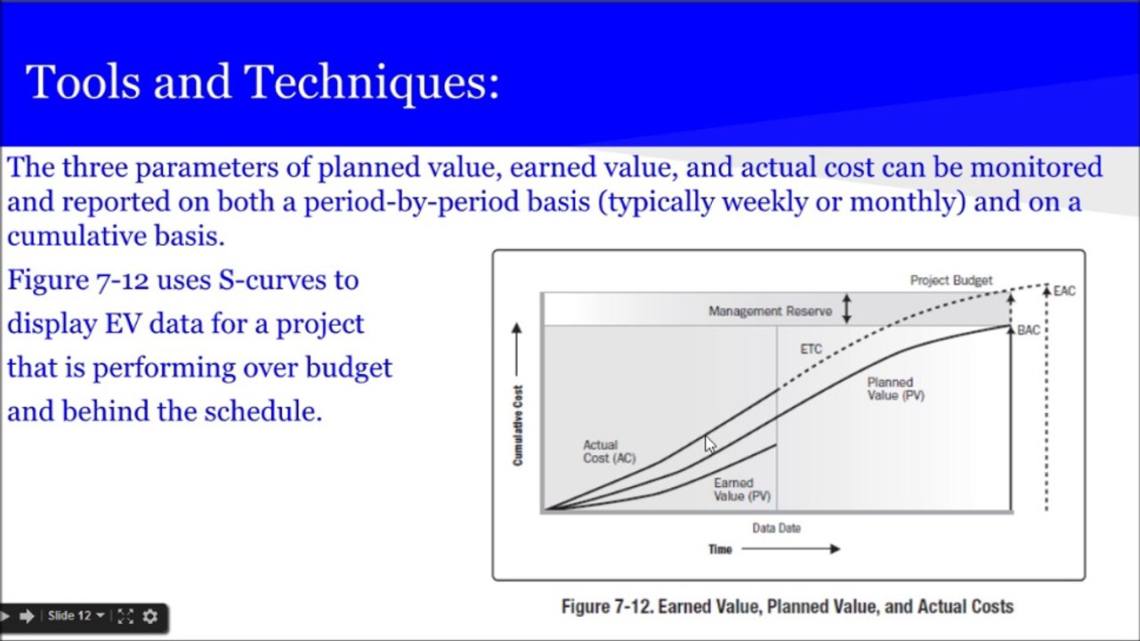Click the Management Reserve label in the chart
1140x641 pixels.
[770, 311]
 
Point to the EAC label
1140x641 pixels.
[1064, 291]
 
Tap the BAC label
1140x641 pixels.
[1028, 330]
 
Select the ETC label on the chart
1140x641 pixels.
[811, 350]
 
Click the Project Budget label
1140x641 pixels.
[950, 280]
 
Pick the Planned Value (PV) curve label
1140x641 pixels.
[895, 389]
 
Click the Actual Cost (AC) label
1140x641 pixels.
[609, 451]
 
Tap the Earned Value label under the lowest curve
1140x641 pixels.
[740, 490]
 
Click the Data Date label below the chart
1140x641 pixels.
[776, 528]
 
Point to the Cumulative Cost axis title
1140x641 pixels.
[518, 426]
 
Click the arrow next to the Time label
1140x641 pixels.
[790, 549]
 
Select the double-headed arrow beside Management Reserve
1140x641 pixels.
[846, 309]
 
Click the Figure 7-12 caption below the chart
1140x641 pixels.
[787, 607]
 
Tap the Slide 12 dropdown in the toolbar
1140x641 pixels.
[76, 616]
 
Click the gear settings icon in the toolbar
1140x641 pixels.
[150, 616]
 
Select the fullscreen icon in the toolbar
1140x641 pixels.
[125, 616]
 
